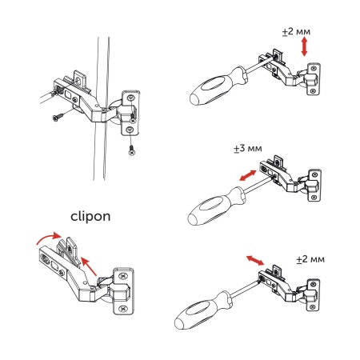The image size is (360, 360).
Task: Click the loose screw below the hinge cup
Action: click(x=131, y=148)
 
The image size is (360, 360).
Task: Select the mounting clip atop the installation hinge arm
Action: click(x=81, y=78)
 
